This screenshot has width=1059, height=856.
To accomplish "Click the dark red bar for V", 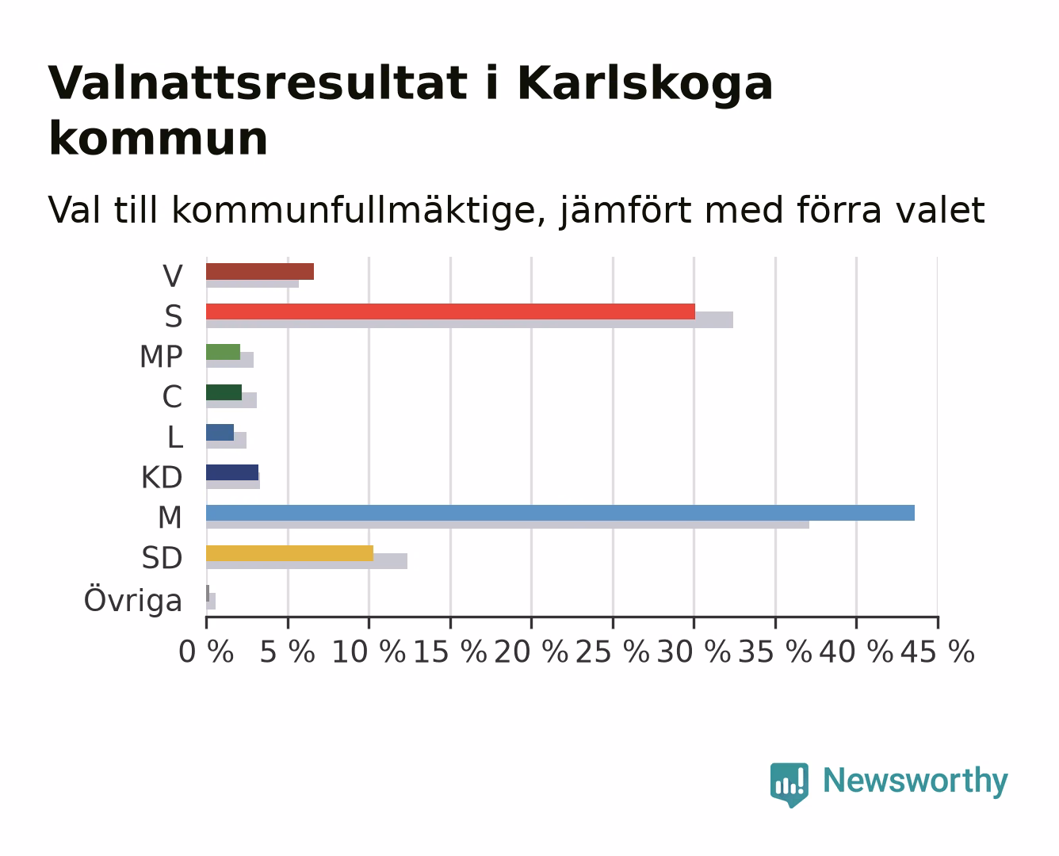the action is [x=260, y=271].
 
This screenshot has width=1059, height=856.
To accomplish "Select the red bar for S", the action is [x=450, y=311].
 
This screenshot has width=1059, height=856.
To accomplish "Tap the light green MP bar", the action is [x=224, y=352].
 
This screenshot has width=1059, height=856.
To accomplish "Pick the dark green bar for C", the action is [x=224, y=392].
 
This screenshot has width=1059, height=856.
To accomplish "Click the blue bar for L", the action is [x=220, y=433].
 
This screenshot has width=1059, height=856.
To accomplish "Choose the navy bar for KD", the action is [x=232, y=472].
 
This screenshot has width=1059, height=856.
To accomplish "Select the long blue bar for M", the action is [x=560, y=513].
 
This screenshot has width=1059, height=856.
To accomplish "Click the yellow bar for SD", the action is [x=290, y=553].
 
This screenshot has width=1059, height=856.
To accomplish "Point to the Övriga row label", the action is [x=133, y=600].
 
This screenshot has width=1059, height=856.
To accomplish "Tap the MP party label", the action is [x=161, y=357].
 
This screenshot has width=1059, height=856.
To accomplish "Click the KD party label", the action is [x=162, y=477].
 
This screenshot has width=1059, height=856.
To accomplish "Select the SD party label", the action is [x=162, y=558].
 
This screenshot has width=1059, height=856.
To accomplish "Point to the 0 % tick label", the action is [x=206, y=652].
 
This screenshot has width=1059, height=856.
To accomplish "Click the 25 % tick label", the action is [x=613, y=652].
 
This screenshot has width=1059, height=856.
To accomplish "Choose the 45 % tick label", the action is [x=938, y=652].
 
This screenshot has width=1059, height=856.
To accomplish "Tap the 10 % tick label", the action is [x=369, y=652].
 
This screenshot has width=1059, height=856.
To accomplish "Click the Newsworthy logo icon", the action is [x=789, y=784].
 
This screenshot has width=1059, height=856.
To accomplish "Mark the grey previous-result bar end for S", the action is [x=733, y=319].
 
